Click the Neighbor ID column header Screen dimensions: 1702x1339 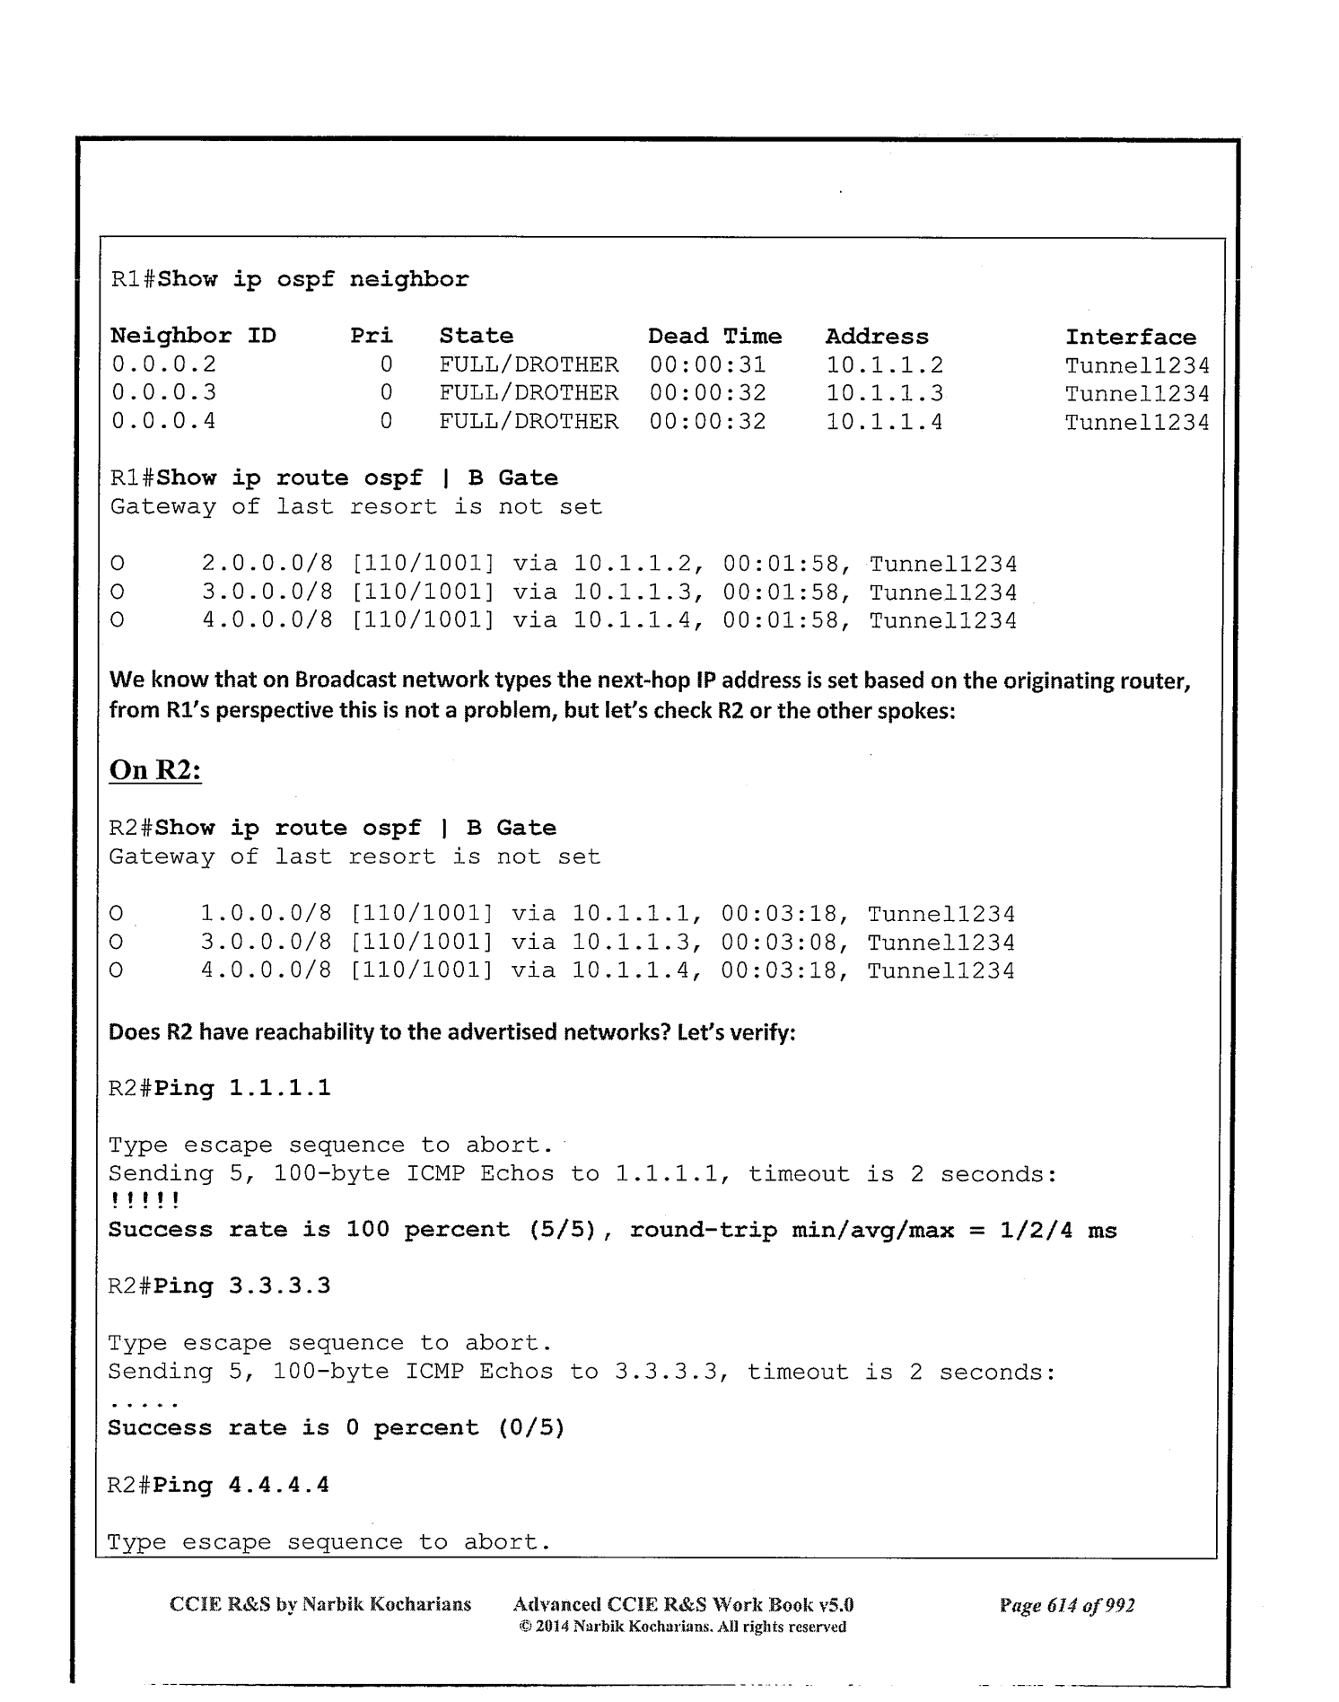193,336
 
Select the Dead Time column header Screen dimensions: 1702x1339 714,336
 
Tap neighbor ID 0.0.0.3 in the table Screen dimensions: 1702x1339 163,393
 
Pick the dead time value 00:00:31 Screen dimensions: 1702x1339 707,364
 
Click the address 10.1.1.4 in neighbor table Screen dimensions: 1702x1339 884,422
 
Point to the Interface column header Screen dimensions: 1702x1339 1130,338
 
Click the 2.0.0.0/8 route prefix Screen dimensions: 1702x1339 267,565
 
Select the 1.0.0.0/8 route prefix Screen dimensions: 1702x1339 266,915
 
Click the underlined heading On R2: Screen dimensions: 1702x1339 154,770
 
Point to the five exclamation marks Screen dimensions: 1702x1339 144,1201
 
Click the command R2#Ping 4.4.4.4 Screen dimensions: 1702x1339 218,1485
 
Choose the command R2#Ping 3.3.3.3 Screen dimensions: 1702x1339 219,1286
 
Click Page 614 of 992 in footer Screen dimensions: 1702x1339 1066,1605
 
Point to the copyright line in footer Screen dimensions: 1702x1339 682,1627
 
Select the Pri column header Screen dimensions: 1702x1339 371,336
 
